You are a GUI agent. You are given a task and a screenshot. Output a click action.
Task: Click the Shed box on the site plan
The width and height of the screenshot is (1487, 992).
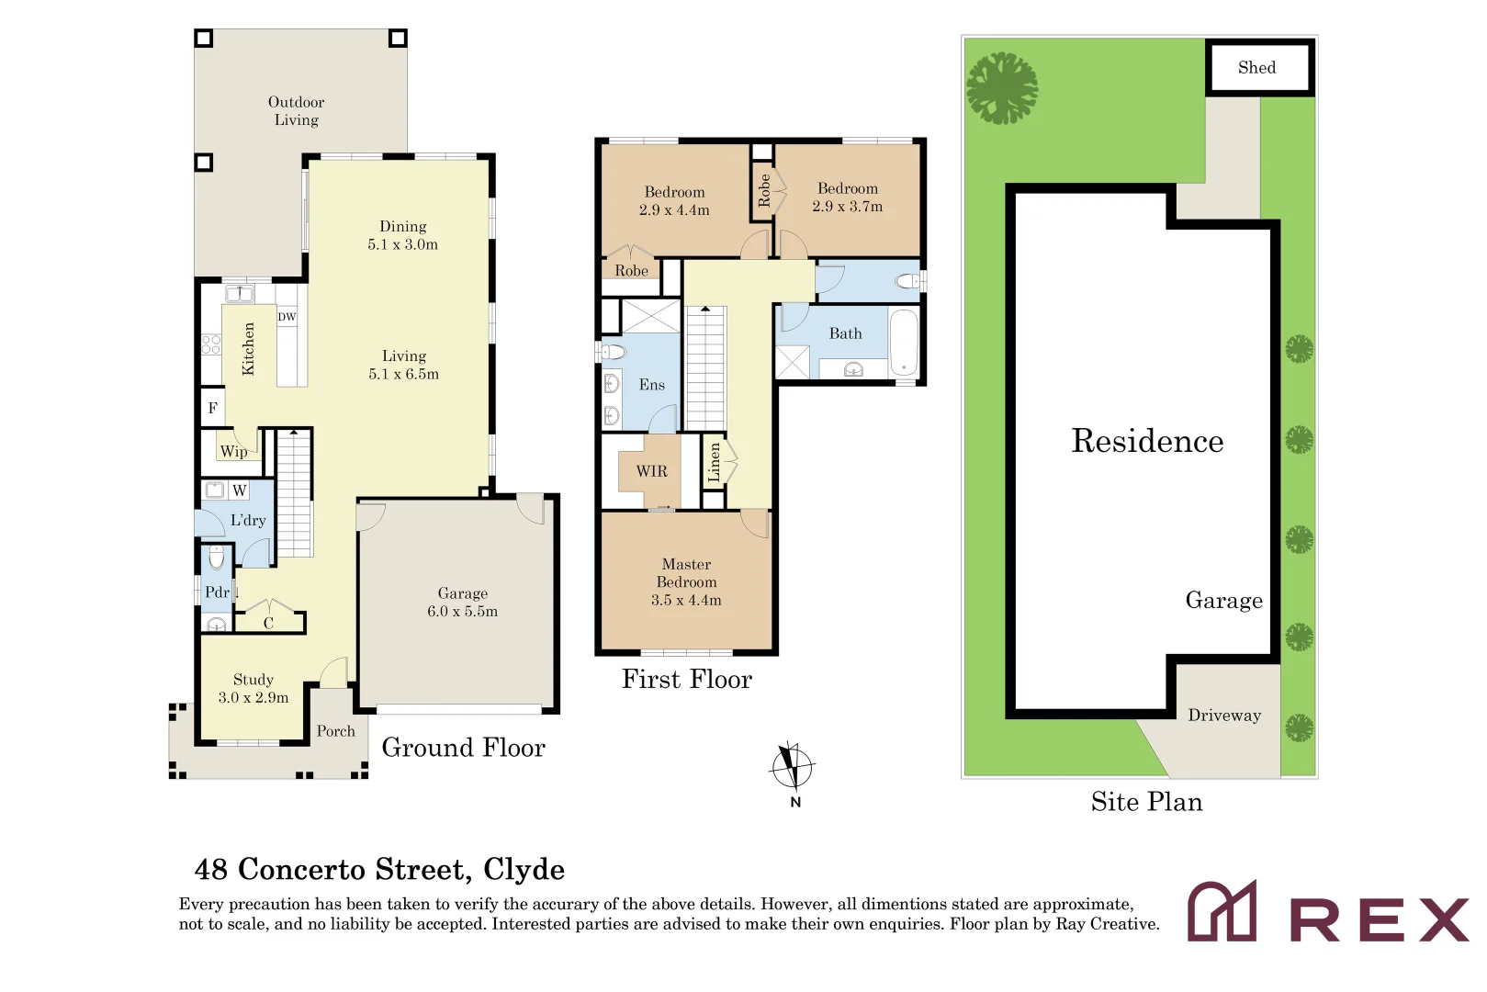pos(1259,68)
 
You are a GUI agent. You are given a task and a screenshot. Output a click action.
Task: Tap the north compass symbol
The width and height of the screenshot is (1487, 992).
pos(793,769)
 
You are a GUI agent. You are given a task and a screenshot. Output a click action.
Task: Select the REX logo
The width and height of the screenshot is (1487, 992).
pos(1328,911)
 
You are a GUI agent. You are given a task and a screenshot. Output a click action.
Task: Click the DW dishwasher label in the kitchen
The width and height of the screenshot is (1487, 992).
pos(287,317)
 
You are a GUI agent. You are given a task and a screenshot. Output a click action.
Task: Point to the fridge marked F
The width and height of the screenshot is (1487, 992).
pos(212,407)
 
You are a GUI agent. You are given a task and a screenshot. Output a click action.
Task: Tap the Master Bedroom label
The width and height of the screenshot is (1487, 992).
pos(686,573)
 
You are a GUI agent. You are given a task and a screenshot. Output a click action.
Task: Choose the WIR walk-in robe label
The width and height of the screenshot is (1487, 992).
pos(651,471)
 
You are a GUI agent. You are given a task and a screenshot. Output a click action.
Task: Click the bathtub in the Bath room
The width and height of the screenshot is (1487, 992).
pos(904,344)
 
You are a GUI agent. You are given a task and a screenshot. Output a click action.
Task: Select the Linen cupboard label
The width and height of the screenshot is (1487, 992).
pos(715,462)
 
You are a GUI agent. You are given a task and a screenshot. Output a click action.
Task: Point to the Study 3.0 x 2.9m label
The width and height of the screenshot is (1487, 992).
pos(253,689)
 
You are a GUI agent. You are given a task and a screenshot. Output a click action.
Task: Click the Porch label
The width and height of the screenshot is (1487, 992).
pos(336,731)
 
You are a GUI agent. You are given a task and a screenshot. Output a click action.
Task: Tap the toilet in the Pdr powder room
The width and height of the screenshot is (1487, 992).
pos(217,558)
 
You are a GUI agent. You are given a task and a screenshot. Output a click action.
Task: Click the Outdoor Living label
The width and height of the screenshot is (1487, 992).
pos(296,111)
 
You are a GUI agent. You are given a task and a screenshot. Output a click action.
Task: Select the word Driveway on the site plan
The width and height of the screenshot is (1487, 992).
pos(1224,716)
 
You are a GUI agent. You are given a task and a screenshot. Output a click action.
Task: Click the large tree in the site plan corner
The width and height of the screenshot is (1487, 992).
pos(1002,88)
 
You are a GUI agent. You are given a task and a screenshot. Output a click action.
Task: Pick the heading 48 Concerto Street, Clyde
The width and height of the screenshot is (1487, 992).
pos(379,869)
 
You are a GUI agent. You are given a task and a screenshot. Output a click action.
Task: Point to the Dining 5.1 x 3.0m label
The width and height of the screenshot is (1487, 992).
pos(403,235)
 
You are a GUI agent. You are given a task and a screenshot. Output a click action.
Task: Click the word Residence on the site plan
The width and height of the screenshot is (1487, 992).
pos(1147,441)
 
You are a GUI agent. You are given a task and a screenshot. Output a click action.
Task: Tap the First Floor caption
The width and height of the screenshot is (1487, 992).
pos(686,680)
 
